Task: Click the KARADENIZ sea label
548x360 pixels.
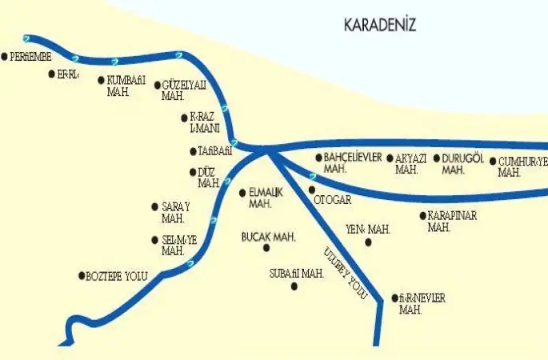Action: pyautogui.click(x=380, y=26)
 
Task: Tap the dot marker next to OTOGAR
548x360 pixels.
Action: pyautogui.click(x=312, y=190)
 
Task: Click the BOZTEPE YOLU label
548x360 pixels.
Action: pyautogui.click(x=117, y=276)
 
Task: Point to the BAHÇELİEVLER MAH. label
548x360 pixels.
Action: pyautogui.click(x=353, y=162)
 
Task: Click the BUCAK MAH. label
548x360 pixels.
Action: pyautogui.click(x=269, y=238)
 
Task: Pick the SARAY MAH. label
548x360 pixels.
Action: pyautogui.click(x=175, y=212)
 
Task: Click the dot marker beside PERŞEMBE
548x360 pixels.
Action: pyautogui.click(x=5, y=57)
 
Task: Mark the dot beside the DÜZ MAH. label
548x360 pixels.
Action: pyautogui.click(x=192, y=172)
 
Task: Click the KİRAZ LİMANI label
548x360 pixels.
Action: pyautogui.click(x=205, y=122)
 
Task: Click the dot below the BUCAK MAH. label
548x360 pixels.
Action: pyautogui.click(x=266, y=249)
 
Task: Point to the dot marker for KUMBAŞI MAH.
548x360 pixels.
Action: pyautogui.click(x=100, y=80)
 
